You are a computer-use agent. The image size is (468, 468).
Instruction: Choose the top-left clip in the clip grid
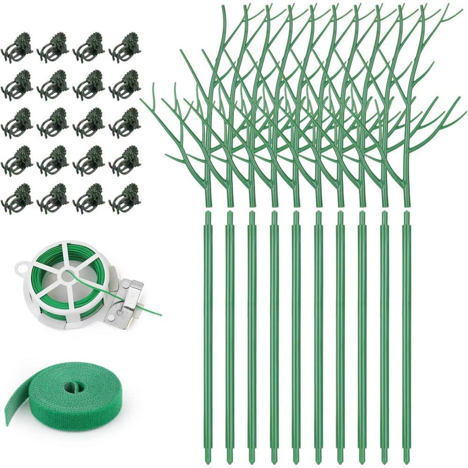pos(17,47)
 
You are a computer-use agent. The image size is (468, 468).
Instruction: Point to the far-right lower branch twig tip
pos(464,112)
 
